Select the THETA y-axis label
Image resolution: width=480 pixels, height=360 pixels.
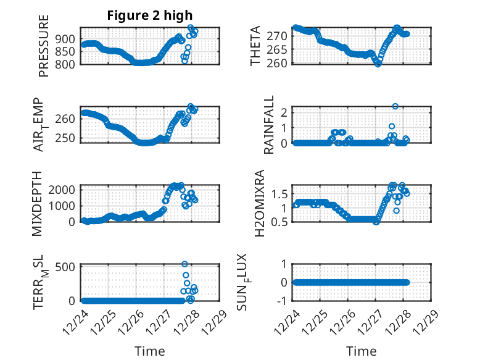click(255, 46)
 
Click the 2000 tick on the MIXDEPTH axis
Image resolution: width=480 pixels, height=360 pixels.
click(64, 189)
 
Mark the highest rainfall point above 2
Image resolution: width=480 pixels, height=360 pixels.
click(395, 106)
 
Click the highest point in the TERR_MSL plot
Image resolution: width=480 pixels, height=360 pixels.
click(184, 264)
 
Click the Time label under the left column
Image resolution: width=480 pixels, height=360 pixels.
click(150, 351)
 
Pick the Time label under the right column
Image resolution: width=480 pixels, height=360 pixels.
click(362, 351)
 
